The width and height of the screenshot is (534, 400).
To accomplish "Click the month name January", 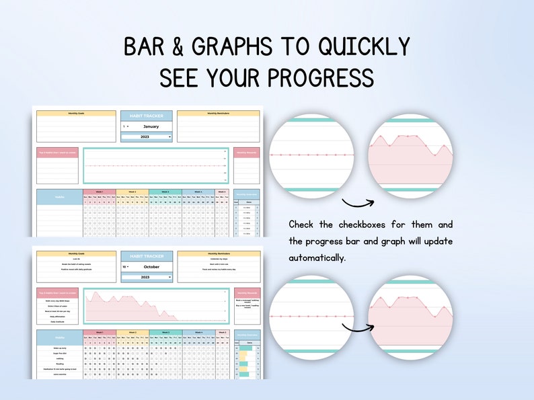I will pos(151,126).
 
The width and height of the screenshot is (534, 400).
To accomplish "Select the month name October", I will pos(151,266).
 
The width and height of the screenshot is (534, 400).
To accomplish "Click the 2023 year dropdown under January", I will pos(147,136).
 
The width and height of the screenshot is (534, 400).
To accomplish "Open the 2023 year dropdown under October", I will pos(147,277).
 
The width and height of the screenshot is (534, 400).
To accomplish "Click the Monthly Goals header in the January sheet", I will pos(77,114).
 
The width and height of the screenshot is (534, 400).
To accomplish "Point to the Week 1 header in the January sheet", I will pos(100,192).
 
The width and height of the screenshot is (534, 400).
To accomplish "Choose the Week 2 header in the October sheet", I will pos(132,332).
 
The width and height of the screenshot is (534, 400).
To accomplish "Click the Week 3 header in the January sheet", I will pos(165,192).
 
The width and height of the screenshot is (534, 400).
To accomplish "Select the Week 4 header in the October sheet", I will pos(198,332).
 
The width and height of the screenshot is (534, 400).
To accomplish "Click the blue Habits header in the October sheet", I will pos(59,337).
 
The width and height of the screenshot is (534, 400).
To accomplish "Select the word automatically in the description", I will pos(317,257).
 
